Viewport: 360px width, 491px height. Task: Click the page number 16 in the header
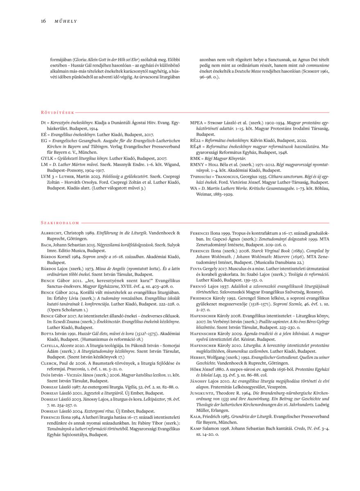tap(43, 21)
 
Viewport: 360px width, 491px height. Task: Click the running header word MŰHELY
tap(66, 21)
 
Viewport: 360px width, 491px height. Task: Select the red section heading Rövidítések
tap(57, 112)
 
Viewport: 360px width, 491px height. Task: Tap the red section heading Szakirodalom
tap(60, 223)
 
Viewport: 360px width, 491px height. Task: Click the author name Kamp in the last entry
tap(196, 427)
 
